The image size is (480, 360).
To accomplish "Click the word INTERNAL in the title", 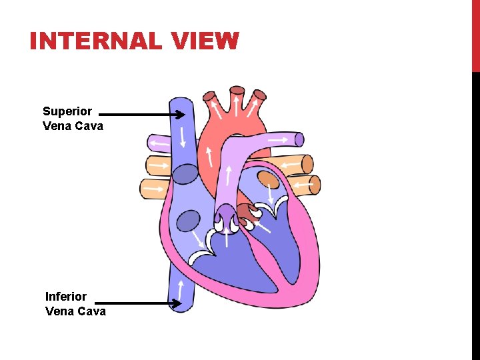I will (95, 41).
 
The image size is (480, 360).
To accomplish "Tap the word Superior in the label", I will (67, 111).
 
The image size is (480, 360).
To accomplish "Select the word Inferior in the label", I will (66, 296).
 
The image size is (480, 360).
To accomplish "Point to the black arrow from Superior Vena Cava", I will (143, 115).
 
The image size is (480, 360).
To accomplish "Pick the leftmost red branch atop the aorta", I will (215, 105).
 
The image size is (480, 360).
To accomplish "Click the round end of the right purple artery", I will (299, 139).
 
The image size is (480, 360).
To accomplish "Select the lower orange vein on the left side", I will (154, 189).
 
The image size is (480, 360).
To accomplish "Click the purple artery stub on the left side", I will (159, 143).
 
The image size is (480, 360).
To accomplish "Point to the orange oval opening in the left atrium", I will (268, 179).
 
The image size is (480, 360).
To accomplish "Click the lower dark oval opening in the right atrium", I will (189, 220).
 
